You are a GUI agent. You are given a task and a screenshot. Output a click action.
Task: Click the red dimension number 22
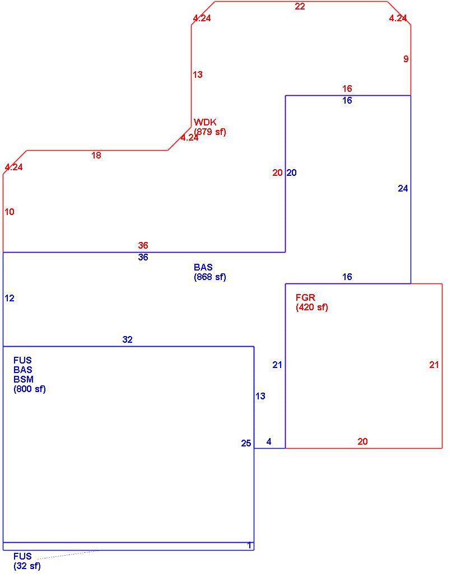[300, 6]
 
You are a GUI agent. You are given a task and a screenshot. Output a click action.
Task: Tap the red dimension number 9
[406, 59]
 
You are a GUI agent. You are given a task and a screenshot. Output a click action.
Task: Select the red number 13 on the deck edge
[198, 74]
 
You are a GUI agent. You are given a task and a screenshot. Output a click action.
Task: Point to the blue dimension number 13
[260, 395]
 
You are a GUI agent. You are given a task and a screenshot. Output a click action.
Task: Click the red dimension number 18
[96, 155]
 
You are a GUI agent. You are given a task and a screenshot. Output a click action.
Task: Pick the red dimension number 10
[10, 212]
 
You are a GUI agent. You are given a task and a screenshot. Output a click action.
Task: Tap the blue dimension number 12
[10, 298]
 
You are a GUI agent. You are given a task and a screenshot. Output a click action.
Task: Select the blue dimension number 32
[127, 339]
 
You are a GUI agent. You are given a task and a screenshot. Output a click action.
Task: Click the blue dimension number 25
[246, 443]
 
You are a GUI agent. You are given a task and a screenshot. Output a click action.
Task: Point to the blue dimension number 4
[269, 441]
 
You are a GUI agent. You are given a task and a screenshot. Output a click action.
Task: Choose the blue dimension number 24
[403, 188]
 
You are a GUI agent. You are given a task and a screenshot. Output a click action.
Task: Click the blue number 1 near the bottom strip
[250, 546]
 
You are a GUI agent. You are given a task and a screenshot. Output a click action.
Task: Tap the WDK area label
[205, 122]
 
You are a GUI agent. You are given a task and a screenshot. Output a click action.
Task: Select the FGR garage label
[305, 297]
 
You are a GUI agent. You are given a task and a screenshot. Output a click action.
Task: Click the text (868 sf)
[210, 277]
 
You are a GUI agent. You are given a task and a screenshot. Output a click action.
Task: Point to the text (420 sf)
[312, 308]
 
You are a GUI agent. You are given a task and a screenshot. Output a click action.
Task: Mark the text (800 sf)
[30, 389]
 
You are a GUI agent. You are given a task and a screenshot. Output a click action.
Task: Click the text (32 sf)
[27, 566]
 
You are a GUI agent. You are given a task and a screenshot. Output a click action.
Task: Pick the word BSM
[23, 379]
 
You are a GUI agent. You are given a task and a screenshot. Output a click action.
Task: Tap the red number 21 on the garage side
[434, 365]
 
